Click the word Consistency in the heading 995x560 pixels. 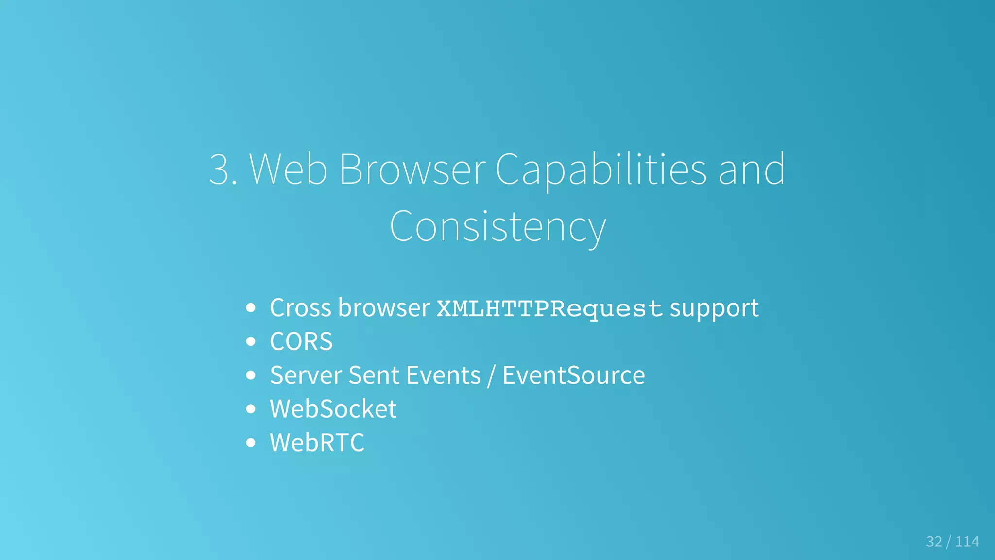[497, 227]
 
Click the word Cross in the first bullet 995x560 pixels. [300, 308]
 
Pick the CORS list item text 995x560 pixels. [301, 341]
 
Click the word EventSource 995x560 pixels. [573, 375]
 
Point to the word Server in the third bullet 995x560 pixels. [306, 375]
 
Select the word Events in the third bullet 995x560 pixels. [443, 375]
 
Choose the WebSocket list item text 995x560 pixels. [333, 409]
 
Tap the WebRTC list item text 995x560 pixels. [317, 442]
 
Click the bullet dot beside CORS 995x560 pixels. [251, 341]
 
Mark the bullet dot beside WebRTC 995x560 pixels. [251, 442]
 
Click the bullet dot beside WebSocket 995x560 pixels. [251, 409]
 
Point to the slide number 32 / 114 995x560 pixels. [952, 542]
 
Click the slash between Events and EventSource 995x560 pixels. [492, 375]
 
